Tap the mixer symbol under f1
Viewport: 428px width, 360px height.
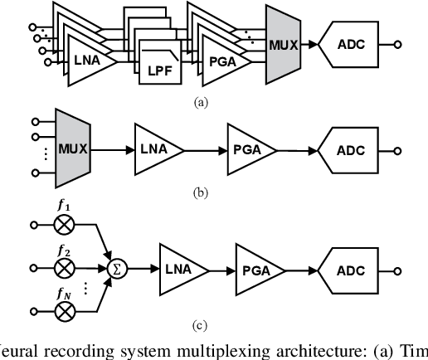pos(65,226)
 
